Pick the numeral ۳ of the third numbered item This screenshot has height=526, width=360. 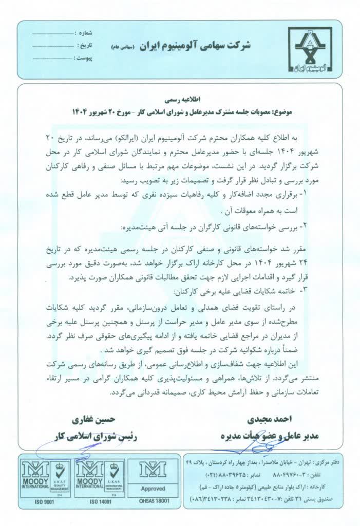317,290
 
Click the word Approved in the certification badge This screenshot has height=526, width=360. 153,489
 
